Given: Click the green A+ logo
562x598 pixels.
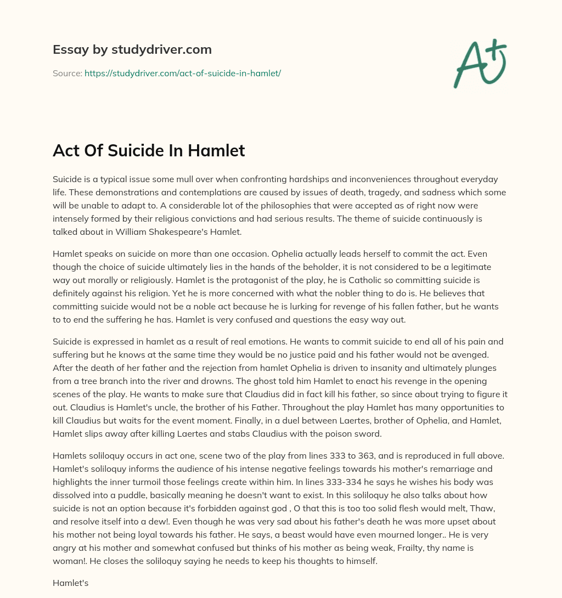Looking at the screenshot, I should pyautogui.click(x=480, y=64).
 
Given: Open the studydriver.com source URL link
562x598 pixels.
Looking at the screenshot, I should pyautogui.click(x=182, y=73).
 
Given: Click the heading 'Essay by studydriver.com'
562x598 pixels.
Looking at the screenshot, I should pyautogui.click(x=132, y=49).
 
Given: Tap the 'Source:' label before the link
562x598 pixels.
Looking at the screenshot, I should pyautogui.click(x=68, y=73).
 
